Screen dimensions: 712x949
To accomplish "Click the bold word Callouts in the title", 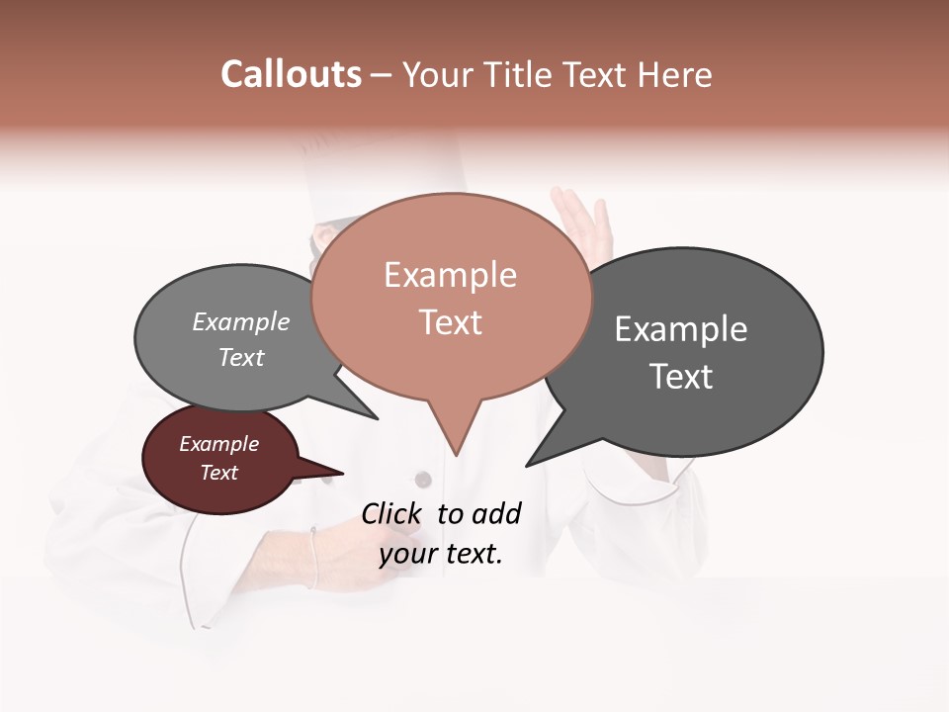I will (291, 74).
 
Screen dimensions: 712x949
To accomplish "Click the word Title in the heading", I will (517, 74).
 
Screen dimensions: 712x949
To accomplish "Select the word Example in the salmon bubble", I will (450, 275).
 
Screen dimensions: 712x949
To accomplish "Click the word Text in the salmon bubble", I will (450, 322).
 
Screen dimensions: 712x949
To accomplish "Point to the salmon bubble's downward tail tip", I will (456, 454).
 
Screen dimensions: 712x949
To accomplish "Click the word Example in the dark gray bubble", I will (681, 329).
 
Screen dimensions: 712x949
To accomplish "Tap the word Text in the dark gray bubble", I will (681, 377).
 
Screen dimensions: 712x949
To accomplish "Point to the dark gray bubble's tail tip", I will (528, 465).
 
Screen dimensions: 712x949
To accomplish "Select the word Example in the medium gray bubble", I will (241, 322).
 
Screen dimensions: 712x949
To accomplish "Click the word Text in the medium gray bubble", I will (241, 357).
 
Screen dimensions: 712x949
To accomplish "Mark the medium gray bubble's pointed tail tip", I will (377, 418).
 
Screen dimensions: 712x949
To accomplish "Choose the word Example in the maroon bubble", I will (219, 444).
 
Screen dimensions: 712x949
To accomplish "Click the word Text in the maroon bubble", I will (219, 473).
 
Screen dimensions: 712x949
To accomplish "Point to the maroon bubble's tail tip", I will (342, 473).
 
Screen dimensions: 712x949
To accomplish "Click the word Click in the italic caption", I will (391, 513).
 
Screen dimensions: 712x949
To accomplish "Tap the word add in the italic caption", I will (495, 513).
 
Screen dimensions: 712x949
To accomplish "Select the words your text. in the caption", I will (441, 554).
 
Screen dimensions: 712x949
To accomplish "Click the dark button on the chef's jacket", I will (423, 480).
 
